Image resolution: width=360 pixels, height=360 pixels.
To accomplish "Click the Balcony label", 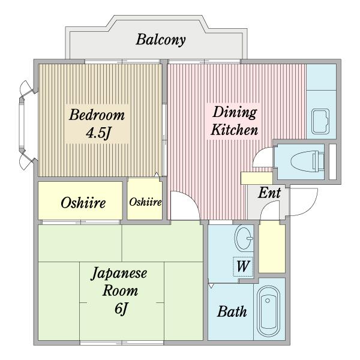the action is tap(160, 40).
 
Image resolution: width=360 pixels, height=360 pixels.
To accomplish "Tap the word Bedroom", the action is tap(97, 115).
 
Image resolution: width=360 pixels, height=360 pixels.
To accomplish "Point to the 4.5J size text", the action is tap(98, 133).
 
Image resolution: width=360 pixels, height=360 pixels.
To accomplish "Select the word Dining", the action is tap(235, 113).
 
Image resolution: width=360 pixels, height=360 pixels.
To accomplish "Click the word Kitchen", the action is tap(235, 130).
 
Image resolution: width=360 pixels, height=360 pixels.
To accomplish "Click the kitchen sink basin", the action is tap(320, 121).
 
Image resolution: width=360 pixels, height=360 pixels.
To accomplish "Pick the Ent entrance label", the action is tap(269, 193).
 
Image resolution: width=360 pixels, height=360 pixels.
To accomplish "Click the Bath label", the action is tap(232, 311).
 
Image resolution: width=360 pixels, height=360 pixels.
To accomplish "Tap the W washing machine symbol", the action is tap(243, 266).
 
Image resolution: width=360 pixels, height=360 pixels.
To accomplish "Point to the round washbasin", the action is tap(244, 239).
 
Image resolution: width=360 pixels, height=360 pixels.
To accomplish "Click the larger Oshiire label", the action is tap(83, 203).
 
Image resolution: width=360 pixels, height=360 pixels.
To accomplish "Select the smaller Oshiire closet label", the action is tap(145, 202).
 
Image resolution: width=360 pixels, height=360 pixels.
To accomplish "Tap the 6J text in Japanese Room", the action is tap(121, 308).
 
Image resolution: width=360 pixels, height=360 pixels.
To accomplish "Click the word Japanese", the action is tap(119, 273).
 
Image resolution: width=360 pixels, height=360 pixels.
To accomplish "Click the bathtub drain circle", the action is tap(267, 301).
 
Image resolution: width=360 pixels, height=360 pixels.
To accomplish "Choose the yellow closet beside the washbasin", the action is tap(272, 248).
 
